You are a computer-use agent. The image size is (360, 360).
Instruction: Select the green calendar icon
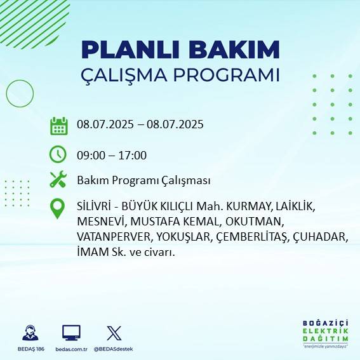click(x=58, y=126)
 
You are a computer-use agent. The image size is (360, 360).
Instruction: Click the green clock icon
click(x=58, y=154)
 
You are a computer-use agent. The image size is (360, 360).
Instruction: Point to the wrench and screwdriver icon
click(x=58, y=180)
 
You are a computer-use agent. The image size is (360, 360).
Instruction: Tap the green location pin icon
click(x=58, y=208)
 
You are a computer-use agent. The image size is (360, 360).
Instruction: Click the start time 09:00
click(x=90, y=155)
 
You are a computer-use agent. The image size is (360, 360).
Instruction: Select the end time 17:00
click(x=133, y=155)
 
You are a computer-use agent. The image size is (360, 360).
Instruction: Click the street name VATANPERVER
click(x=113, y=236)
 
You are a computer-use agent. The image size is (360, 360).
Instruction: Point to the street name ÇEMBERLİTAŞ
click(x=252, y=236)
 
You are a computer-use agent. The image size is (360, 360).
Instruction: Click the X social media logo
click(x=114, y=333)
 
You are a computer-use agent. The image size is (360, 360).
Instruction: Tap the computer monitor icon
click(x=71, y=333)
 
